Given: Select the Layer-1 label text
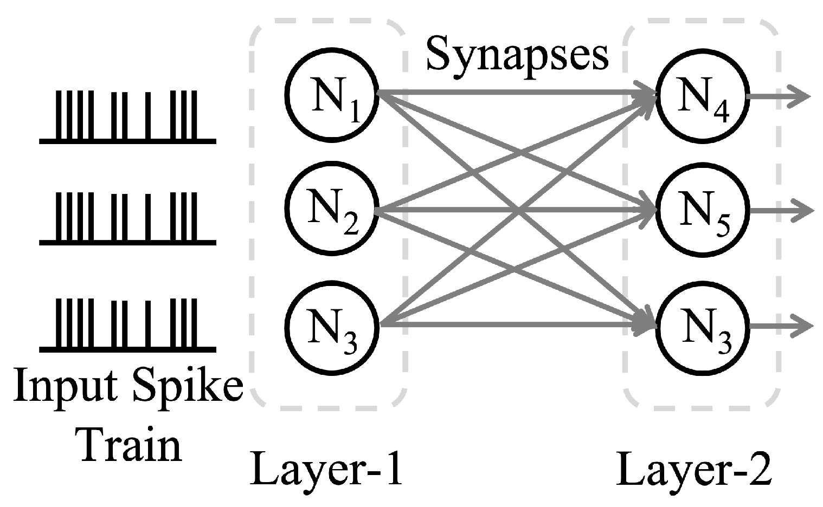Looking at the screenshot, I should [326, 469].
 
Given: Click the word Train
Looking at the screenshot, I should [130, 445].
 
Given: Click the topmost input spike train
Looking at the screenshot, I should [128, 117].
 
